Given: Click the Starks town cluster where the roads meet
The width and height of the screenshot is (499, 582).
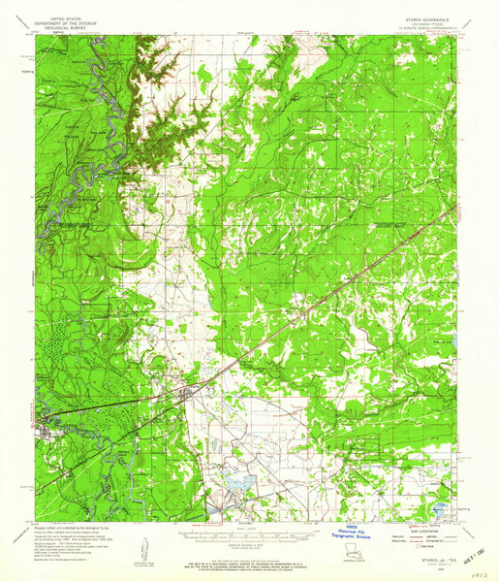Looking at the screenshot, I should (x=188, y=392).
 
